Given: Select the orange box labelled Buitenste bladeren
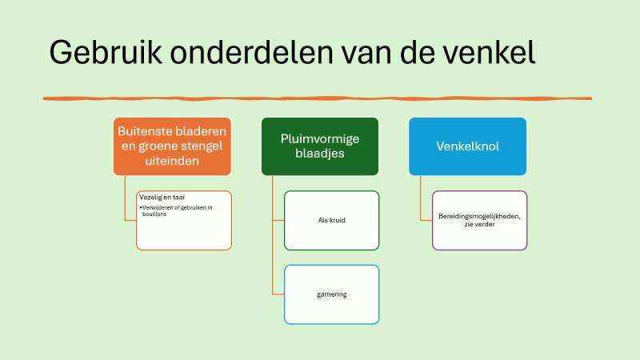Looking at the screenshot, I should point(172,146).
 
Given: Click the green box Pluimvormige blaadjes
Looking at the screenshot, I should point(320,146).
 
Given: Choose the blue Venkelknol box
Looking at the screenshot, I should point(468,146).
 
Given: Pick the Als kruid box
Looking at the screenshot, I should point(331,220).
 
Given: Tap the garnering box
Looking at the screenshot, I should point(331,294).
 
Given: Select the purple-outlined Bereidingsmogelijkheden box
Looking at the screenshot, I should point(479,220).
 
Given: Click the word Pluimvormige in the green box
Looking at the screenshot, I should point(320,138).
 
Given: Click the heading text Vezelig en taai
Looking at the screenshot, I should point(162,197).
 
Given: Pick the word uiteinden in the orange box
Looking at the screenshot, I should point(172,161).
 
